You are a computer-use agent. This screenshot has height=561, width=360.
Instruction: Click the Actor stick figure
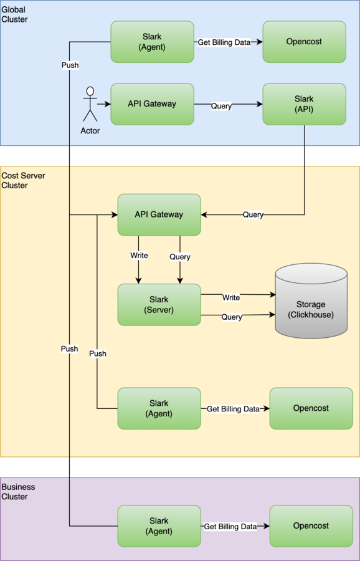point(90,103)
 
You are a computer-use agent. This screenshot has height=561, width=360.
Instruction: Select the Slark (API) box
point(304,104)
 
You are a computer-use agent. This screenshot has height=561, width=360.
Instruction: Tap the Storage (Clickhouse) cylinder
point(311,301)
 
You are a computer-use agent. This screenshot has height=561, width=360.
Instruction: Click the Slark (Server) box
point(159,305)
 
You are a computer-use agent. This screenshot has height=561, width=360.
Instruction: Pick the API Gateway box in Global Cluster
point(153,104)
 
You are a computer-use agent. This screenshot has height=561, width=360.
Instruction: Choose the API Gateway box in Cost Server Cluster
point(159,214)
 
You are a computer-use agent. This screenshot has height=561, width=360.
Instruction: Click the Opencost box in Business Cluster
point(311,526)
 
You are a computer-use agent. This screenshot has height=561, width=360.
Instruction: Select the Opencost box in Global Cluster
point(304,42)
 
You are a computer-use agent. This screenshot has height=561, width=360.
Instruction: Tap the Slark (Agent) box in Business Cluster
point(159,526)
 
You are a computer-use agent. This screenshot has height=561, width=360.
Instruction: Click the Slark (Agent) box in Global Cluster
point(153,42)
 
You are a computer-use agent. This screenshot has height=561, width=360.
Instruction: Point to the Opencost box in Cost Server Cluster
point(311,408)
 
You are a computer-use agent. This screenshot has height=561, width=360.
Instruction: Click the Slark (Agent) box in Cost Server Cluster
point(159,408)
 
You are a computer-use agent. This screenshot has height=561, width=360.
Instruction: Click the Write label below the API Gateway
point(139,256)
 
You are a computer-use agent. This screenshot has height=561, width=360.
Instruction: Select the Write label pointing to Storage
point(231,298)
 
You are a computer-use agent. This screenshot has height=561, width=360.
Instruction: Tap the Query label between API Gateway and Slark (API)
point(221,106)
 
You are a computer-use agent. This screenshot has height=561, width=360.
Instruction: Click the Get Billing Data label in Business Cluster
point(230,526)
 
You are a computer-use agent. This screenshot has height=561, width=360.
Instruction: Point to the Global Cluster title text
point(15,15)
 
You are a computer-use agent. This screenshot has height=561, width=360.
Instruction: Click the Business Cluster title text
point(19,492)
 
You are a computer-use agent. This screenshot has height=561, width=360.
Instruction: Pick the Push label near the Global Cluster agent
point(70,65)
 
